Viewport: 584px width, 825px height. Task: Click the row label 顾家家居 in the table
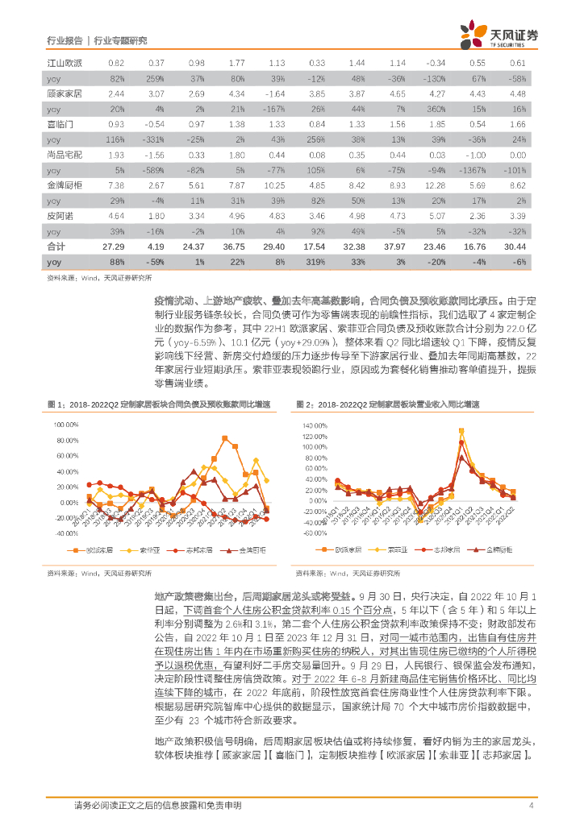coord(62,93)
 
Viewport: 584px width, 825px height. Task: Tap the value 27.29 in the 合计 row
coord(115,246)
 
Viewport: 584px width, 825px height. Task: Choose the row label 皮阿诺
coord(59,215)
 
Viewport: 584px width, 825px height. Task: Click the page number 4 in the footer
coord(531,806)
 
